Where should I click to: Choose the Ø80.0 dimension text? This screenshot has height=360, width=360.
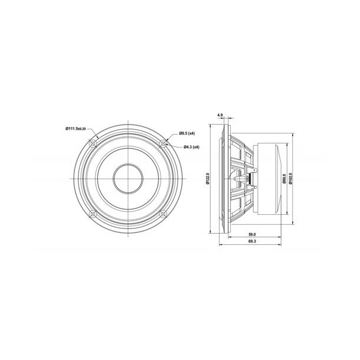coord(284,179)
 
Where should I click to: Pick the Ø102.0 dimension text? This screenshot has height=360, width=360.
coord(291,179)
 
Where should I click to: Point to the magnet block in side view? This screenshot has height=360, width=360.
coord(264,179)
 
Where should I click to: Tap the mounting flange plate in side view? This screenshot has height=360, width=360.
coord(222,179)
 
